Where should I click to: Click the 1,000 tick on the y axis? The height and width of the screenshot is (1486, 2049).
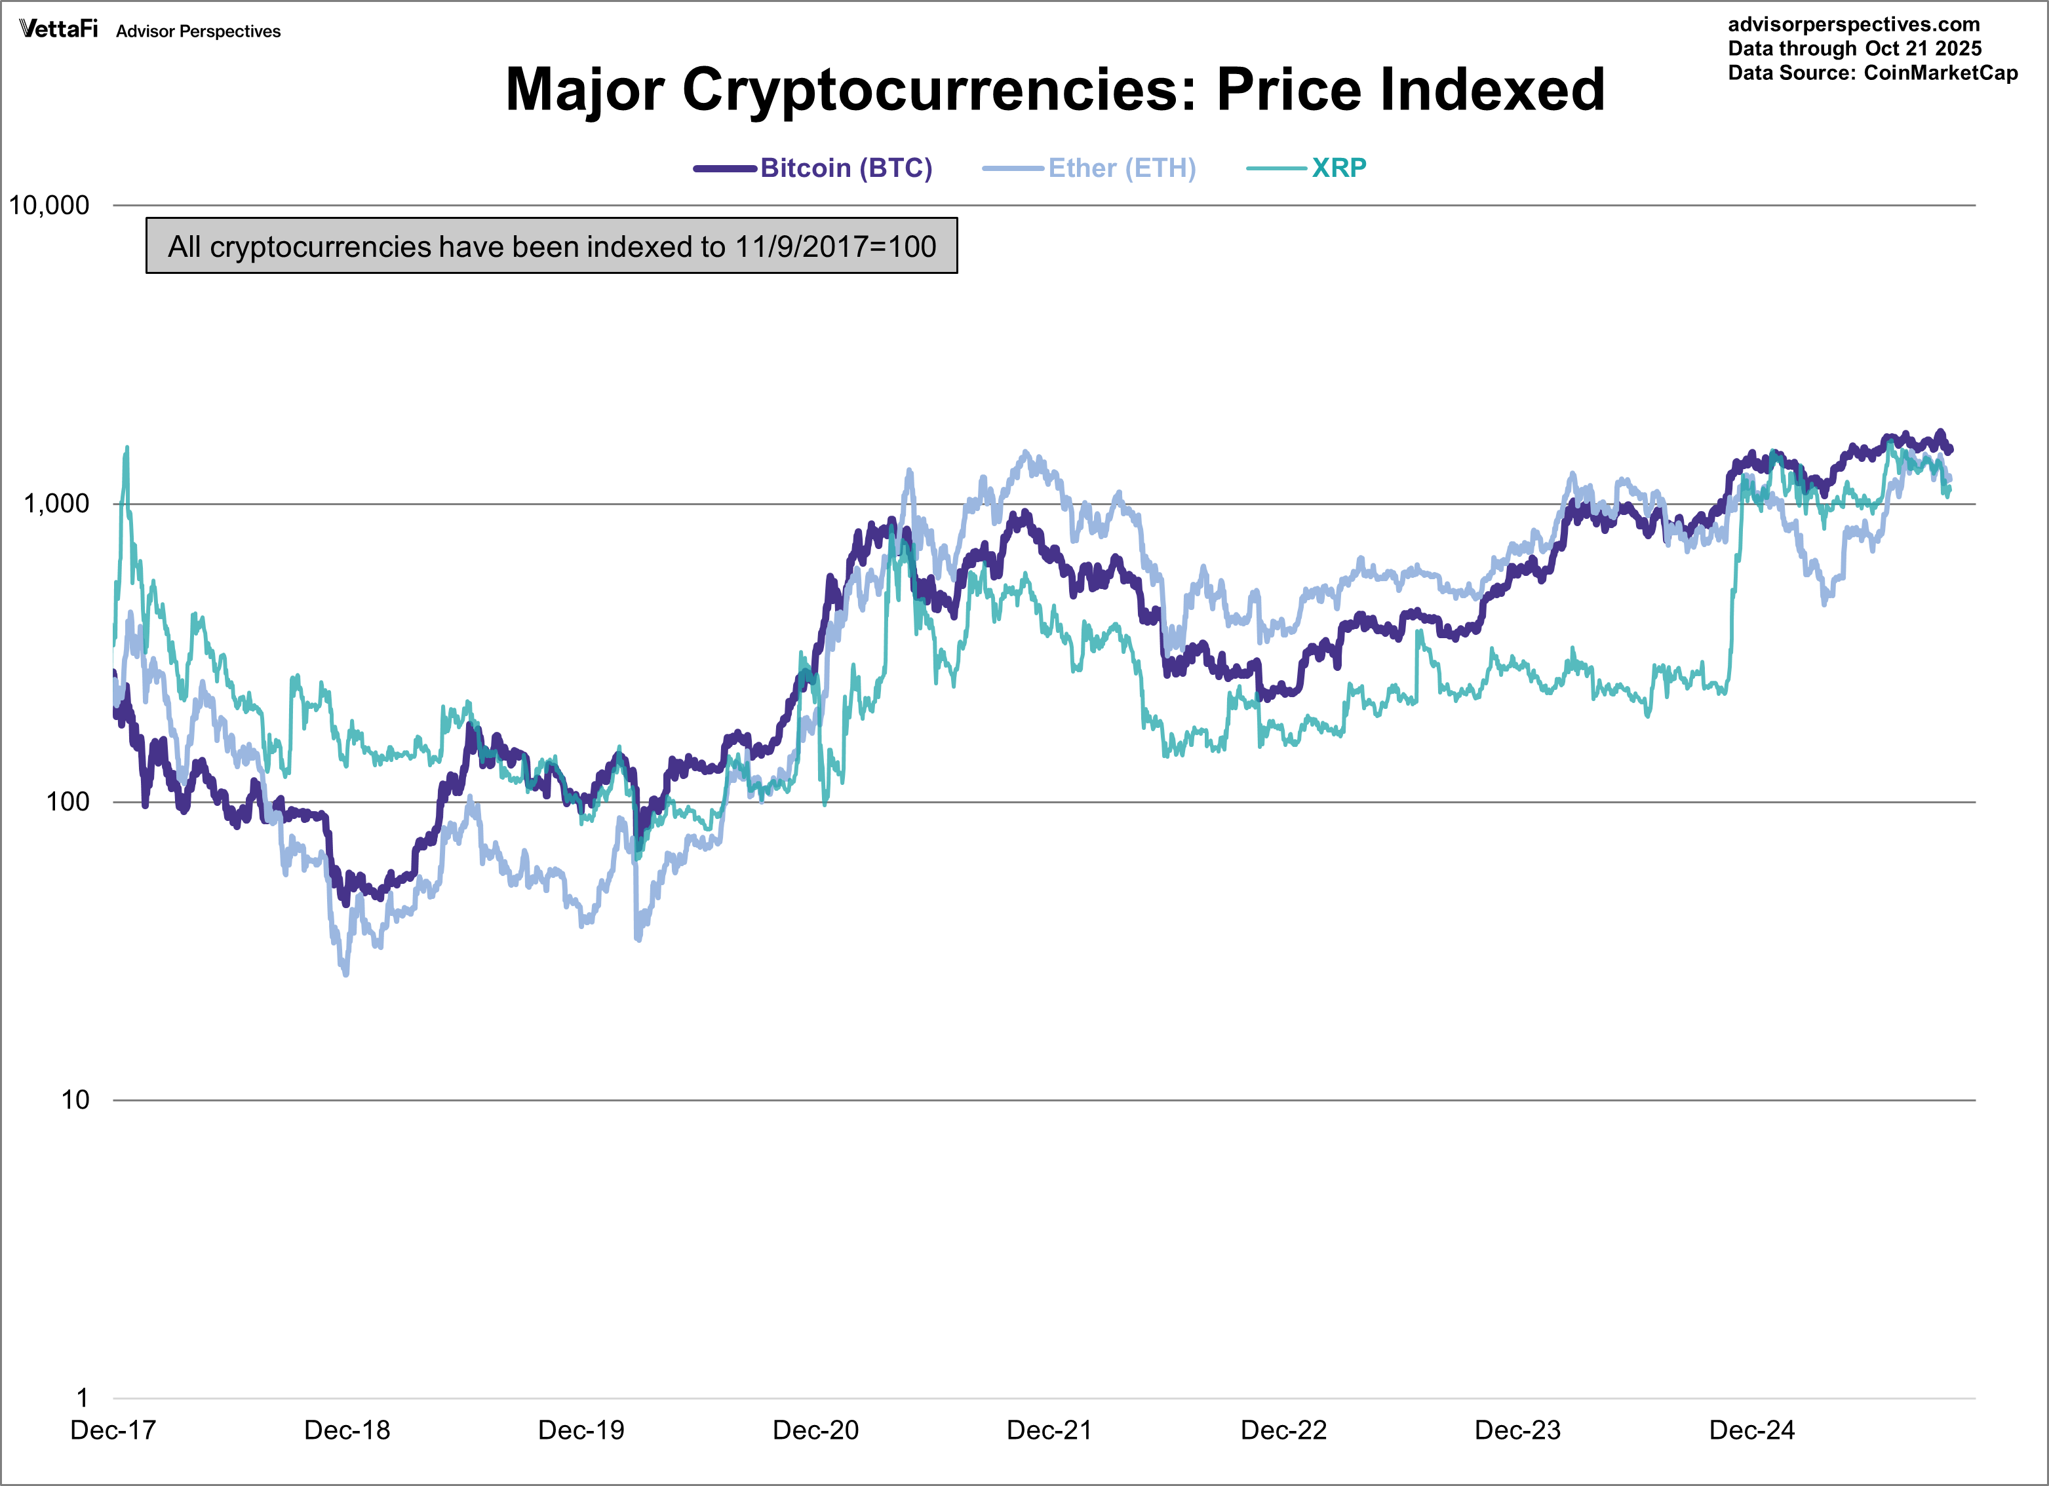56,504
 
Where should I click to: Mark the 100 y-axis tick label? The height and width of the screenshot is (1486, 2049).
68,802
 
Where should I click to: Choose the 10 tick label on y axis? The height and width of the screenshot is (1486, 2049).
75,1100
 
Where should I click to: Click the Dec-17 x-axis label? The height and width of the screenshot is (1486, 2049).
113,1431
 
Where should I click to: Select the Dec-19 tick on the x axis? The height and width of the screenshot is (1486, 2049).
581,1431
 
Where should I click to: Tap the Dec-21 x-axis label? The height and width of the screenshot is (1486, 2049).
1049,1431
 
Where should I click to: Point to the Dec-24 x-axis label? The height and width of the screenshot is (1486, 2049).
1752,1431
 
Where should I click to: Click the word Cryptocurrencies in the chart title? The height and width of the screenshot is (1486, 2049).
939,90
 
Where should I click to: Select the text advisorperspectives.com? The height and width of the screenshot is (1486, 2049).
1853,24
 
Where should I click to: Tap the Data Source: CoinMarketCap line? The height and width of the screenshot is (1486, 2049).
1872,73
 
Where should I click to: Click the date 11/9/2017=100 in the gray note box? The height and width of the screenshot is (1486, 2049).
835,246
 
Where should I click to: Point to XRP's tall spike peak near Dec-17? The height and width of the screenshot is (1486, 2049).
127,447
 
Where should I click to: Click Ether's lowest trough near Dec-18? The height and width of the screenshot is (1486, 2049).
346,974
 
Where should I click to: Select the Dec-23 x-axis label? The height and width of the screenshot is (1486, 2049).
1518,1431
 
